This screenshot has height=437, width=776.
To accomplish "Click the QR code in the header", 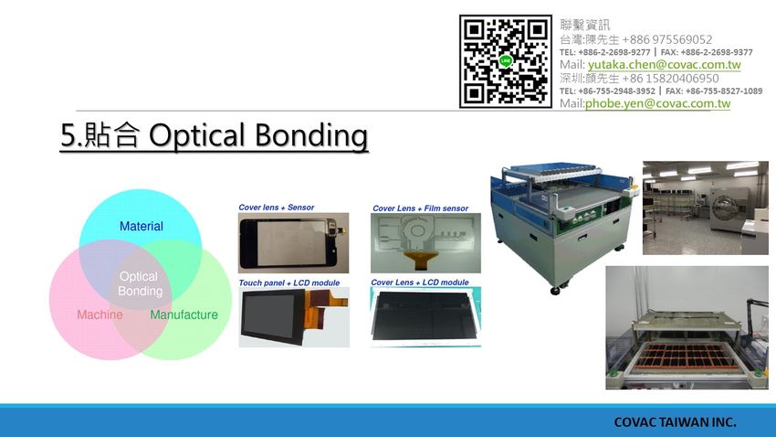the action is (x=505, y=61).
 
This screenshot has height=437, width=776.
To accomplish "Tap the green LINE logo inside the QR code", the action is (x=505, y=61).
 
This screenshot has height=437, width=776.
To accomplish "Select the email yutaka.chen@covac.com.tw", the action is (x=664, y=65).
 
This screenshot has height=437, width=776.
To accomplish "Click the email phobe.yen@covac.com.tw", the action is (x=657, y=103).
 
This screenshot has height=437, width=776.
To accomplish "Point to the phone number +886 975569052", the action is (x=667, y=39).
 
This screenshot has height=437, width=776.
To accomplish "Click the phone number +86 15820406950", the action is (x=670, y=79).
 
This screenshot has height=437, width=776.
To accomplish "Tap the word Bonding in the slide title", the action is (x=311, y=135).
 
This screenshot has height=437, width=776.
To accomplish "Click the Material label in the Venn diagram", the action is (x=141, y=227).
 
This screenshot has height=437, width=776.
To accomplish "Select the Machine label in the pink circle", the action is (x=100, y=314).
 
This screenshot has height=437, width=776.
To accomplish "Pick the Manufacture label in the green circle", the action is (x=184, y=314).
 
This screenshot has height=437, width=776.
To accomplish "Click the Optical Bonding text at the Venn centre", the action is (x=140, y=283).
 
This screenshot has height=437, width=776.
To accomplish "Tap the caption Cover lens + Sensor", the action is (x=276, y=208).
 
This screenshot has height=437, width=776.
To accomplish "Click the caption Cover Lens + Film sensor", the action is (x=420, y=208).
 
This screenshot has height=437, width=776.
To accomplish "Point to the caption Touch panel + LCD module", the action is (x=289, y=282).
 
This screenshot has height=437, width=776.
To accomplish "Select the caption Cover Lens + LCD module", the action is (x=420, y=282).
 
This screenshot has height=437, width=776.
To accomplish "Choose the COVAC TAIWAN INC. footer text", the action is (x=675, y=422).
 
